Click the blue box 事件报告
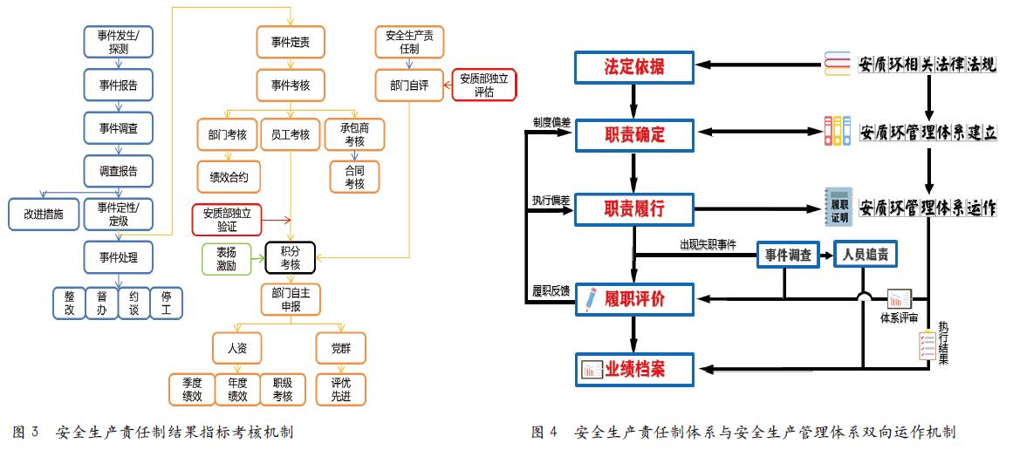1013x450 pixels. (x=119, y=85)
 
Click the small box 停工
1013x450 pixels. (x=166, y=303)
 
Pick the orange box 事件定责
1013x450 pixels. (x=291, y=42)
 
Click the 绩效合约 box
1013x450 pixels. (x=228, y=177)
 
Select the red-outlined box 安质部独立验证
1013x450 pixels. (x=226, y=220)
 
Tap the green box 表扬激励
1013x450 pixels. (x=226, y=258)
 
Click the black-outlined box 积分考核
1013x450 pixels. (x=290, y=258)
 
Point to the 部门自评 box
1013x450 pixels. (x=410, y=85)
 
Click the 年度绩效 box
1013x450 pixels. (x=237, y=389)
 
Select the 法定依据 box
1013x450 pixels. (x=634, y=66)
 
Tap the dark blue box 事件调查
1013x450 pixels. (x=788, y=255)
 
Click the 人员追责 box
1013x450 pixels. (x=865, y=255)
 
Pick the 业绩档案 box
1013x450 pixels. (x=634, y=370)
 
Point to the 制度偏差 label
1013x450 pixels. (x=551, y=124)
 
